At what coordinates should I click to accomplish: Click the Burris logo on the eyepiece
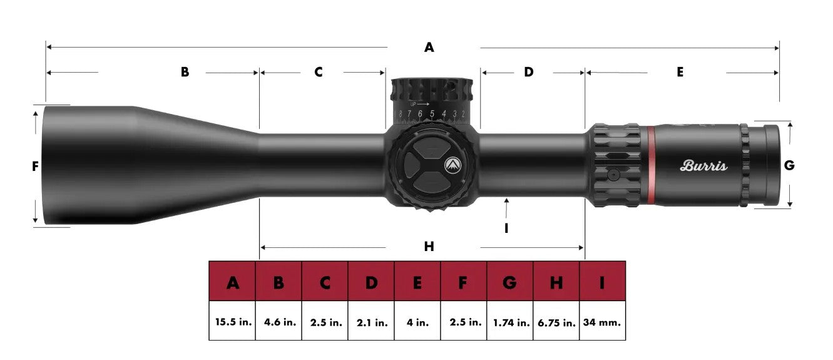[x=703, y=166]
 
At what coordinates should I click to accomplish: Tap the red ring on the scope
[x=651, y=165]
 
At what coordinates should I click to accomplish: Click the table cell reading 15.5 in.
[x=232, y=322]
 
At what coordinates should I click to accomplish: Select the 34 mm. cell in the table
[x=602, y=322]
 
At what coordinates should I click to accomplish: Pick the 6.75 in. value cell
[x=556, y=322]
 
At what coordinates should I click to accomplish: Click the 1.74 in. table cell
[x=509, y=322]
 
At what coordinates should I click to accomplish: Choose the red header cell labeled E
[x=417, y=283]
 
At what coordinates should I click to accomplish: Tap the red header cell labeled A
[x=232, y=283]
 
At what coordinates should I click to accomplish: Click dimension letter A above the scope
[x=429, y=47]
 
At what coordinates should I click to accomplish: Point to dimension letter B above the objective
[x=185, y=72]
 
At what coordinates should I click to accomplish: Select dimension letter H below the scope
[x=429, y=247]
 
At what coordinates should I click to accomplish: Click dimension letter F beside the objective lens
[x=35, y=166]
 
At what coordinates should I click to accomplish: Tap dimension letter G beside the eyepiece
[x=789, y=165]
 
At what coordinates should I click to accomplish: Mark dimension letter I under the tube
[x=506, y=229]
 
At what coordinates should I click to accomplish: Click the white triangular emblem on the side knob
[x=452, y=165]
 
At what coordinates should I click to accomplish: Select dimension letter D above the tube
[x=529, y=72]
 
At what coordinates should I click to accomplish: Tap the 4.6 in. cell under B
[x=279, y=322]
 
